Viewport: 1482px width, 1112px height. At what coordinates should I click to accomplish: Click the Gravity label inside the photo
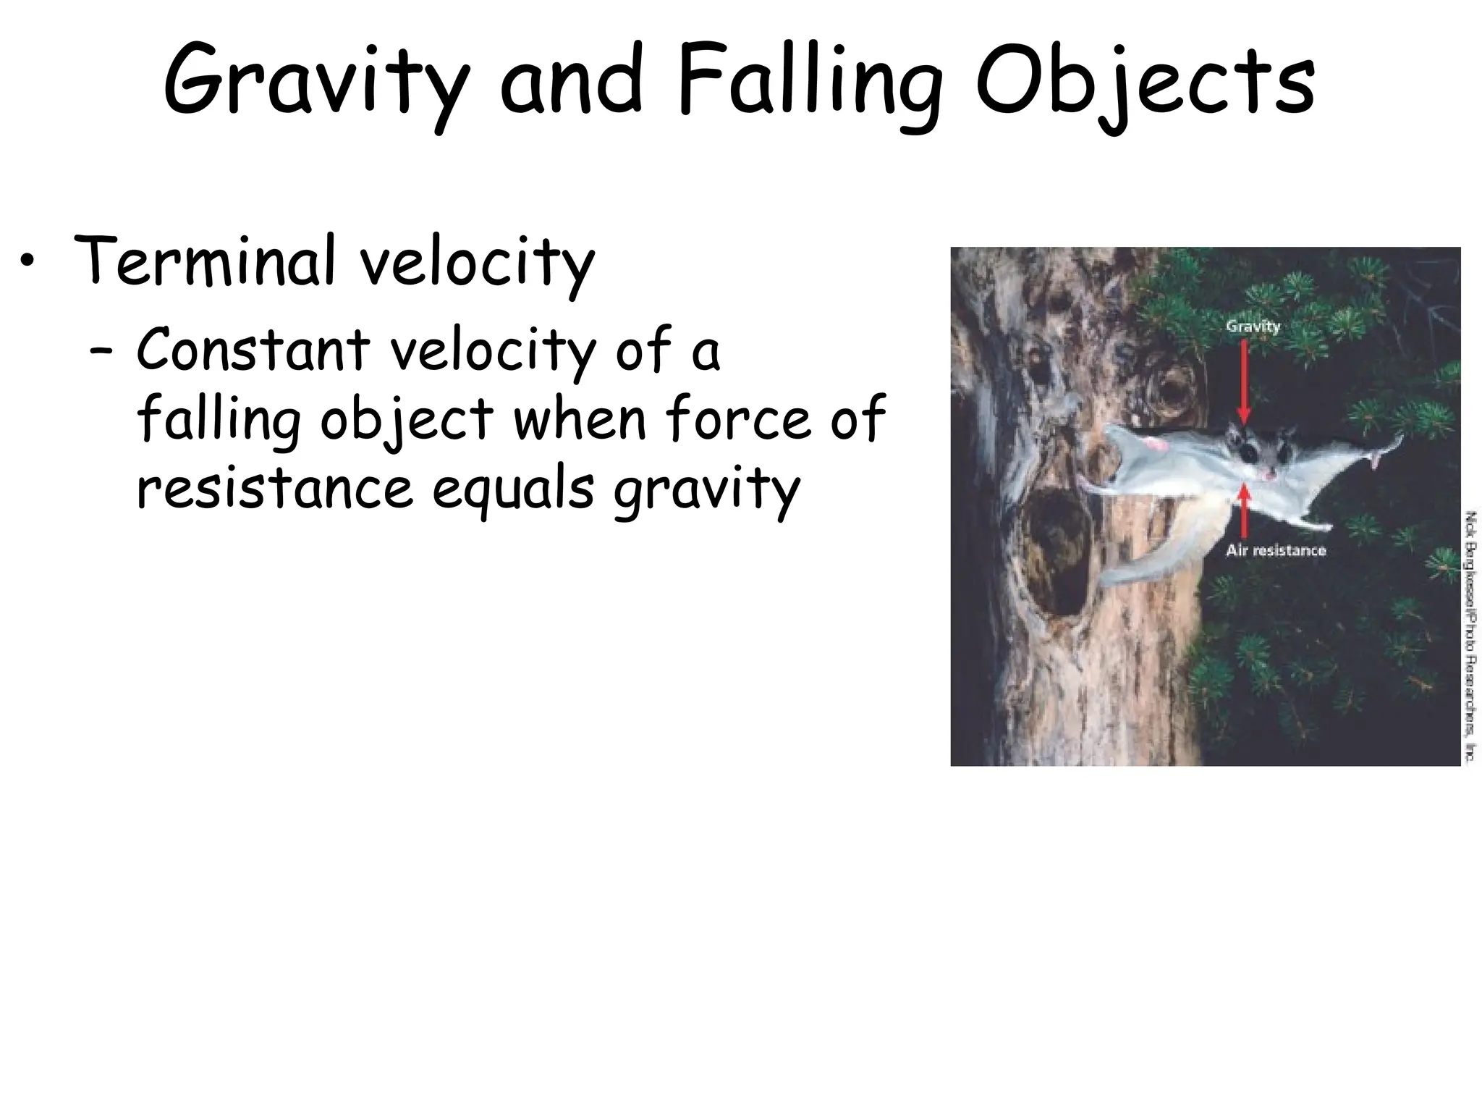1253,327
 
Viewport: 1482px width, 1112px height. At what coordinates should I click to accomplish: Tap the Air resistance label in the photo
1276,550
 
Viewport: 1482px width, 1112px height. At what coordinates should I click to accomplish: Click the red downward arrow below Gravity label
1244,381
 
